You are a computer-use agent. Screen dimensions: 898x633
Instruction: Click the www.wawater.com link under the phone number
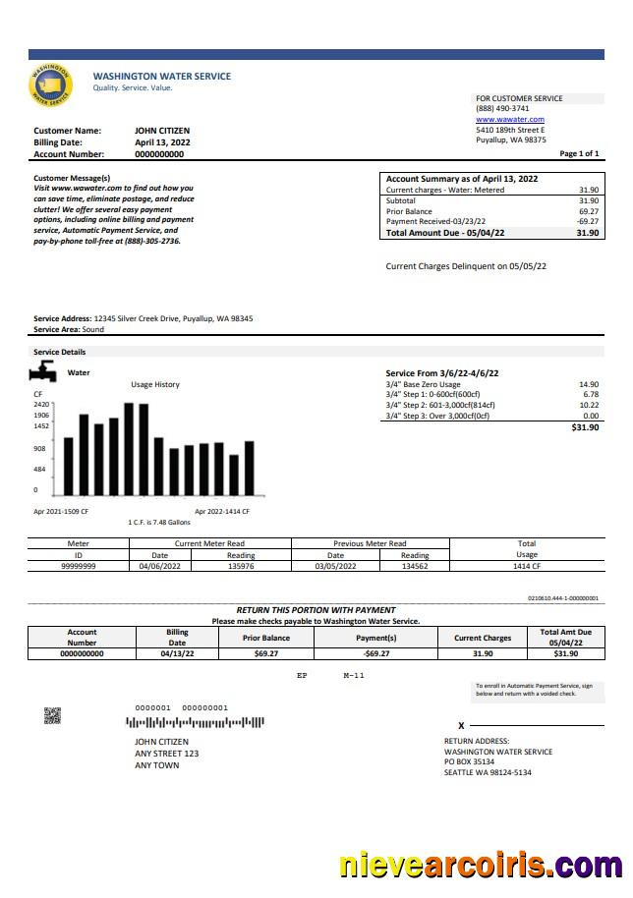pyautogui.click(x=509, y=120)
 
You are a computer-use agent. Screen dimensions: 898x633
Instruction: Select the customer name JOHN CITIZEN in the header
pyautogui.click(x=162, y=131)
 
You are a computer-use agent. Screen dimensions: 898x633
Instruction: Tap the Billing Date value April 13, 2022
pyautogui.click(x=162, y=142)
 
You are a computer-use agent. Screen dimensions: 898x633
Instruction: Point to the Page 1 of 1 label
pyautogui.click(x=579, y=154)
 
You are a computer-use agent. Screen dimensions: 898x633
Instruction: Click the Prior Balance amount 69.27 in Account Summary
pyautogui.click(x=589, y=211)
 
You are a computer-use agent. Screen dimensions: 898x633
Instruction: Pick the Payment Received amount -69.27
pyautogui.click(x=588, y=222)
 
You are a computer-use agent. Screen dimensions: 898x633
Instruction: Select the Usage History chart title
pyautogui.click(x=155, y=384)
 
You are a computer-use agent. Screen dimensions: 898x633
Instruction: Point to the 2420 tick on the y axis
pyautogui.click(x=41, y=404)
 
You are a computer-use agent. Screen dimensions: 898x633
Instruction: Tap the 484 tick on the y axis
pyautogui.click(x=39, y=469)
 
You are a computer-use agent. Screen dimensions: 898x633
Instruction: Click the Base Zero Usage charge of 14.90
pyautogui.click(x=589, y=384)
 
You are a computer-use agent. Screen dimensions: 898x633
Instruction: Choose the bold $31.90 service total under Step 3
pyautogui.click(x=585, y=427)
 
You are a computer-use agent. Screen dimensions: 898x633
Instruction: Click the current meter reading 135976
pyautogui.click(x=241, y=566)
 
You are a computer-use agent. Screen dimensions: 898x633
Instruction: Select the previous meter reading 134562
pyautogui.click(x=415, y=566)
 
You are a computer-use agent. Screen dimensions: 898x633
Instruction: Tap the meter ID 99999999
pyautogui.click(x=79, y=566)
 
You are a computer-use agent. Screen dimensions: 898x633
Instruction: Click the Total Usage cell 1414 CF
pyautogui.click(x=527, y=566)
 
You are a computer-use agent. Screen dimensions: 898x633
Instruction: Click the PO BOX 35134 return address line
pyautogui.click(x=469, y=761)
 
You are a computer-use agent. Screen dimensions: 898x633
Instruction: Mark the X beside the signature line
pyautogui.click(x=461, y=725)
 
